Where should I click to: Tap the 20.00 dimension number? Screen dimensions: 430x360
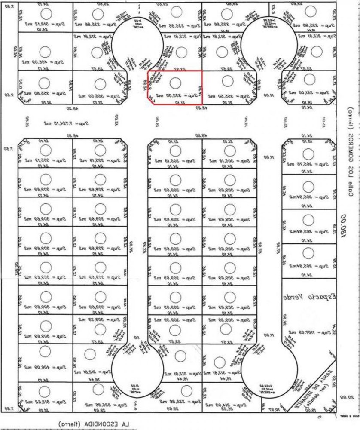[x=350, y=399]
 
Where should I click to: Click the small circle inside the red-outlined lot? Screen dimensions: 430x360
[x=175, y=82]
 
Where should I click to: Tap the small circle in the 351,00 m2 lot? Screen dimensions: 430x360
[x=309, y=80]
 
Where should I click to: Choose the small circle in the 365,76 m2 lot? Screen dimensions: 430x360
[x=308, y=154]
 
